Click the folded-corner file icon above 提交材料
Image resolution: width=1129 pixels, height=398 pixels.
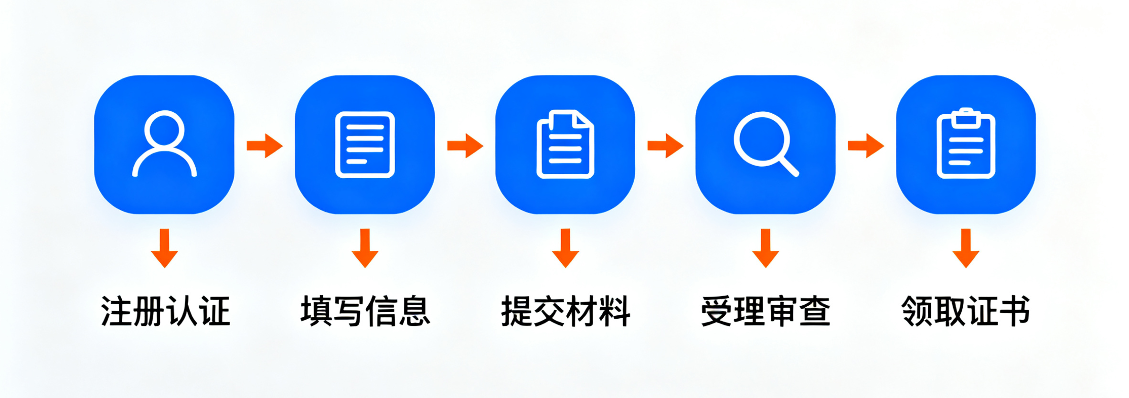coord(565,144)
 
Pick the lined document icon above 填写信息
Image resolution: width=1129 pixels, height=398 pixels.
coord(365,144)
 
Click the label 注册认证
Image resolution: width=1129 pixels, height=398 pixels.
coord(165,311)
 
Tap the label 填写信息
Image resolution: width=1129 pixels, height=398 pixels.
coord(365,311)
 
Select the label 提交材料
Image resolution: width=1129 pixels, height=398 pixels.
coord(565,311)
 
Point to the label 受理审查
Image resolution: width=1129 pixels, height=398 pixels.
coord(766,311)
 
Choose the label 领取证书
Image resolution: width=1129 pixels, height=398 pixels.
coord(966,311)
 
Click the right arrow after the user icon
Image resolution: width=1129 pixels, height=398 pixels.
coord(265,146)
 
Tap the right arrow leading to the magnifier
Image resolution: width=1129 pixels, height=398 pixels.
coord(665,146)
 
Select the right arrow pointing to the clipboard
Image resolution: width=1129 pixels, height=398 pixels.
coord(865,146)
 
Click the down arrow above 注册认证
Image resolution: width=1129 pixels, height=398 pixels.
coord(165,248)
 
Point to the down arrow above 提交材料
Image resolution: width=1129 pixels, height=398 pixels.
coord(565,248)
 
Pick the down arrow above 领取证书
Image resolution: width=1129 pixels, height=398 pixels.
coord(966,248)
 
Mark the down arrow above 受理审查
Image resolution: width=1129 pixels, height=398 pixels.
coord(766,248)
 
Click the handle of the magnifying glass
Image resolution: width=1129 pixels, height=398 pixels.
coord(788,166)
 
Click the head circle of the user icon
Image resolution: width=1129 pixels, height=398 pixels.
coord(164,129)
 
